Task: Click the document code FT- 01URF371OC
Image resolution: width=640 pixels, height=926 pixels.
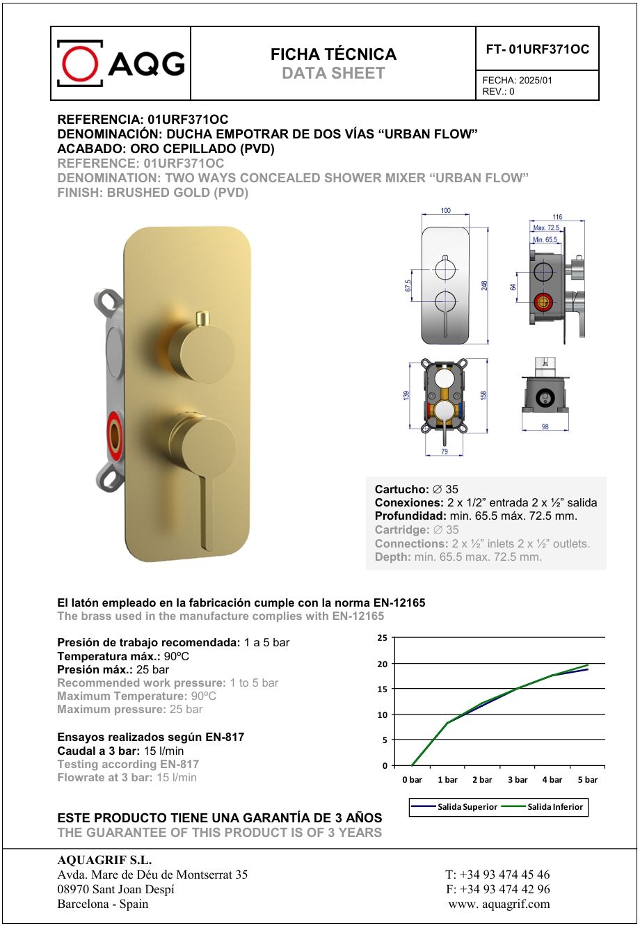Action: click(537, 49)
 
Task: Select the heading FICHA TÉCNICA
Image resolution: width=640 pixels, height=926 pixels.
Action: click(333, 54)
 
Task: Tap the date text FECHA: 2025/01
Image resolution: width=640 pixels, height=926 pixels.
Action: click(517, 80)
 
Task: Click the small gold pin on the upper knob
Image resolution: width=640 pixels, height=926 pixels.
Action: click(202, 318)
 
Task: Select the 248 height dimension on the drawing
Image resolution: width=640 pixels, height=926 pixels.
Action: click(484, 285)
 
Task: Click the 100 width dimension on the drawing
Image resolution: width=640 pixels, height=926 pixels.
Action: click(445, 211)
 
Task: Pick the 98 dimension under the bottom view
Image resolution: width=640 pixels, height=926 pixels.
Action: click(545, 426)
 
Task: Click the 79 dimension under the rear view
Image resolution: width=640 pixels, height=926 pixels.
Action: click(444, 453)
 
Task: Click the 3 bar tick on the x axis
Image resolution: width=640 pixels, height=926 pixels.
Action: click(518, 780)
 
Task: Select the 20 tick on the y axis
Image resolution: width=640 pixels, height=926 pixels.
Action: click(382, 664)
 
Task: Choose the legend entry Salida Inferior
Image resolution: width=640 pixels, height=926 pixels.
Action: click(555, 807)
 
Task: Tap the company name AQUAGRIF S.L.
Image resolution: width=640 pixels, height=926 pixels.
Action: click(104, 860)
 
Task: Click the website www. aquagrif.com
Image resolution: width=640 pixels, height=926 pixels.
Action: click(499, 904)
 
